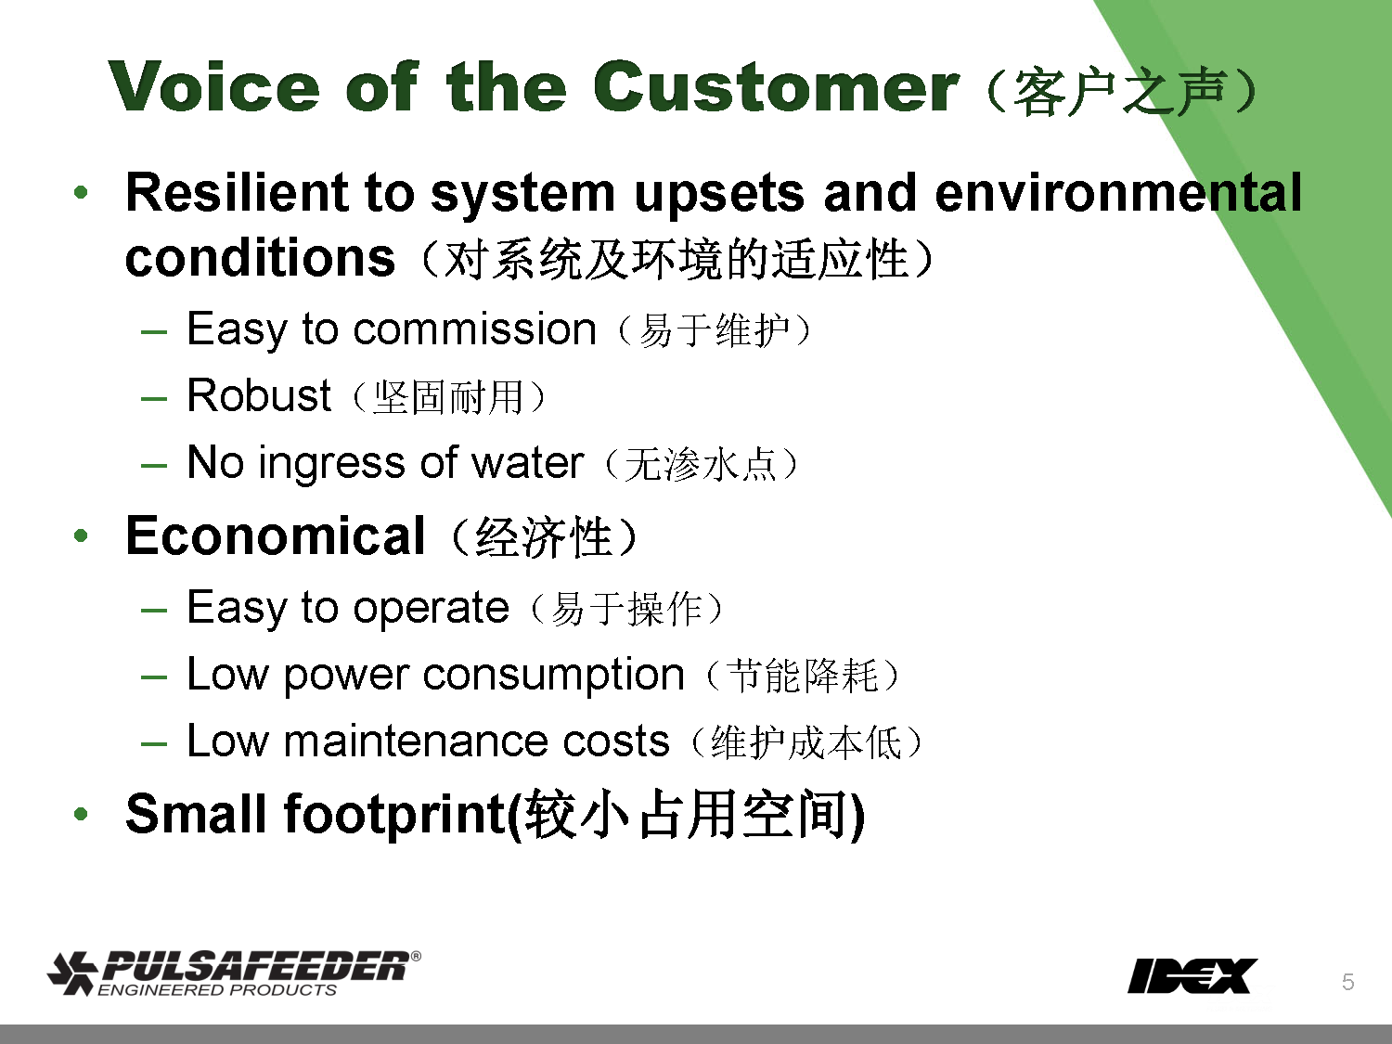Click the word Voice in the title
click(x=213, y=86)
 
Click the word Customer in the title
click(x=776, y=86)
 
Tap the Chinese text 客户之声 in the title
click(x=1119, y=92)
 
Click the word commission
click(x=474, y=329)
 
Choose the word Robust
click(x=259, y=395)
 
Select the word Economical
click(x=276, y=535)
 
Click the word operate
click(x=431, y=609)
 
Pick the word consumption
click(x=553, y=676)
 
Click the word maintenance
click(x=476, y=741)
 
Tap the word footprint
click(x=394, y=815)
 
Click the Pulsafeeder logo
click(x=233, y=973)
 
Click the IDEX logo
click(x=1192, y=976)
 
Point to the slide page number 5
click(x=1348, y=982)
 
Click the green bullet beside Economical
click(x=81, y=536)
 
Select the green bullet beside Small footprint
click(x=81, y=814)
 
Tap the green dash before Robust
click(x=154, y=399)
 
